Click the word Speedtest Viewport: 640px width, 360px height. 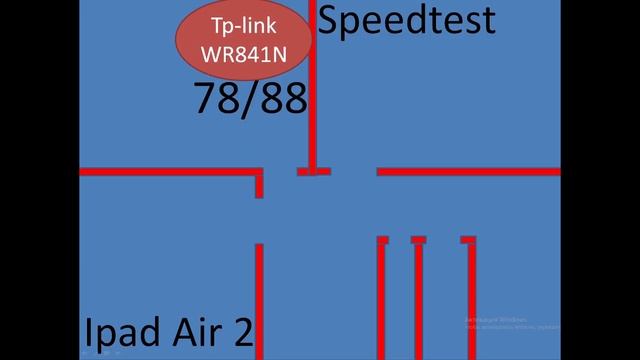coord(406,21)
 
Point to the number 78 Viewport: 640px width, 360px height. coord(214,99)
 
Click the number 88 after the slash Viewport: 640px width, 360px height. coord(282,99)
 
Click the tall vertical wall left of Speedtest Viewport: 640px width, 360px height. coord(313,90)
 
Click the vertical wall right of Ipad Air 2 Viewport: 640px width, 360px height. coord(259,300)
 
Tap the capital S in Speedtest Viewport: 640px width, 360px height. coord(331,21)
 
